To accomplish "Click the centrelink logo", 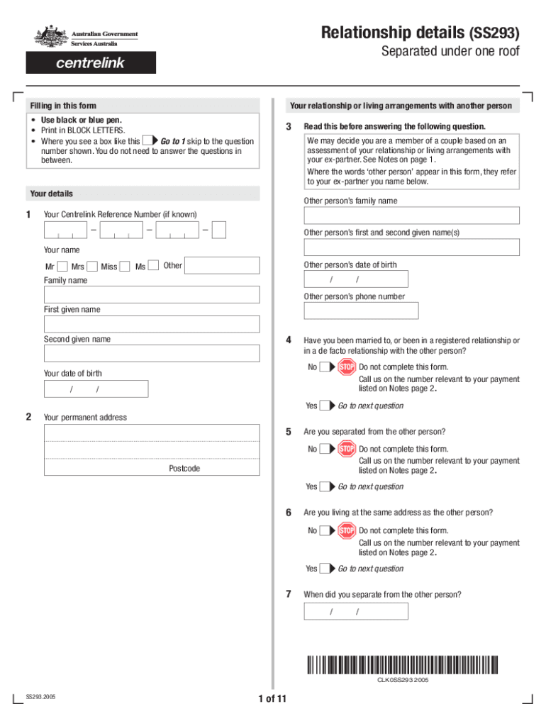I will click(91, 62).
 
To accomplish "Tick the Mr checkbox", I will click(62, 267).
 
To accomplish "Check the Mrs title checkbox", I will click(92, 267).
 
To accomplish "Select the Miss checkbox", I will click(125, 267).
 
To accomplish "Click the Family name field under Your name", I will click(152, 294).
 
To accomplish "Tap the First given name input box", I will click(152, 324).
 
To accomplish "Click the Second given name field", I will click(152, 354).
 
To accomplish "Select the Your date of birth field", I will click(96, 389).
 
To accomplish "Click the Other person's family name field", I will click(411, 216).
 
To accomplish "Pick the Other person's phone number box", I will click(361, 311).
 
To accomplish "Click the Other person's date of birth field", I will click(355, 279).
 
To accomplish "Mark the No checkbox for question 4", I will click(325, 367).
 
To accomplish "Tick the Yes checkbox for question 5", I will click(325, 487).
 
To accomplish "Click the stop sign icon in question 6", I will click(347, 530).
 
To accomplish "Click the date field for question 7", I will click(355, 611).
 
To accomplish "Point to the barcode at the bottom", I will click(402, 666).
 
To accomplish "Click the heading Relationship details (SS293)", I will click(420, 33).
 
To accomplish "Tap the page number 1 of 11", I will click(272, 699).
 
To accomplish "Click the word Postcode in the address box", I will click(184, 469).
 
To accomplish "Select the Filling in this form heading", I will click(63, 106).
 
